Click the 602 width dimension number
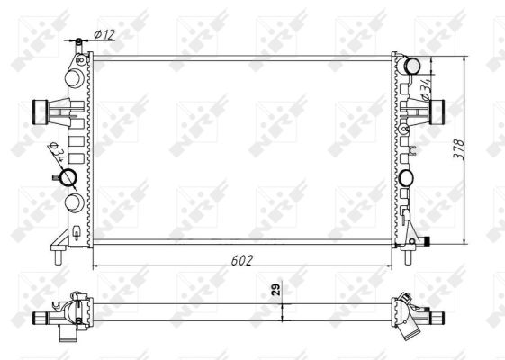(239, 258)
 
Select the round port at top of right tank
(412, 66)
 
